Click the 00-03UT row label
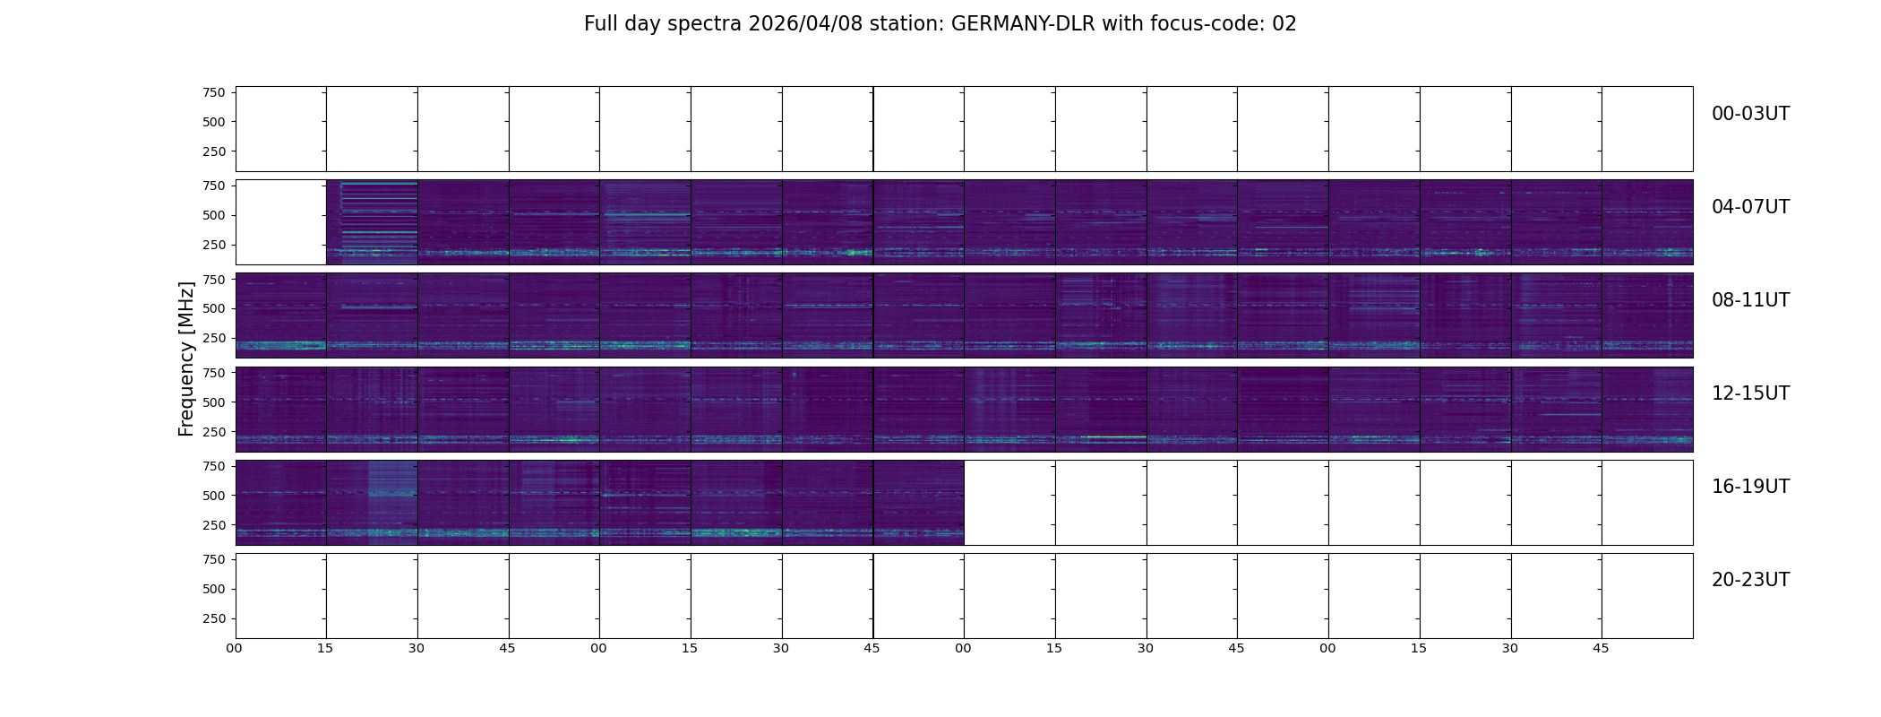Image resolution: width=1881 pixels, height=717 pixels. [1749, 114]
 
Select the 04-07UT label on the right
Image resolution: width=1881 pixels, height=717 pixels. [1749, 207]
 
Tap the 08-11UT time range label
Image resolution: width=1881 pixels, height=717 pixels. [1749, 300]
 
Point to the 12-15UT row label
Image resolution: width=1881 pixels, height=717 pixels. [1749, 393]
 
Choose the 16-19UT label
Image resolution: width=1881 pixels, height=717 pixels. [1749, 487]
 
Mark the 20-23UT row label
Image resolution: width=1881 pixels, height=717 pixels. [1749, 580]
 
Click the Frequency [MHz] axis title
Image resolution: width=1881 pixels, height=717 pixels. [186, 358]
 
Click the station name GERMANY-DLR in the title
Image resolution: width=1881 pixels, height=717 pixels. [1023, 24]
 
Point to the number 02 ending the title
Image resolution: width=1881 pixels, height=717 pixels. [1284, 24]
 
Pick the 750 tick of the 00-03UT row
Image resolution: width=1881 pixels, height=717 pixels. [213, 92]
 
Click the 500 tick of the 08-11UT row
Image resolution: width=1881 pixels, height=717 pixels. [213, 308]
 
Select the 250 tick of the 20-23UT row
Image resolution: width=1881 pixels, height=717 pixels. [213, 618]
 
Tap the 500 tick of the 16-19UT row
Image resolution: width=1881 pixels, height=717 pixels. [213, 496]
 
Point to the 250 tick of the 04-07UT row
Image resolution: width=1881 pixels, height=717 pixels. [213, 245]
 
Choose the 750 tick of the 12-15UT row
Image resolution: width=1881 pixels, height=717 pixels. [213, 373]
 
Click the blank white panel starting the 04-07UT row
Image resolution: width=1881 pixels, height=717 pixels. [280, 222]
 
